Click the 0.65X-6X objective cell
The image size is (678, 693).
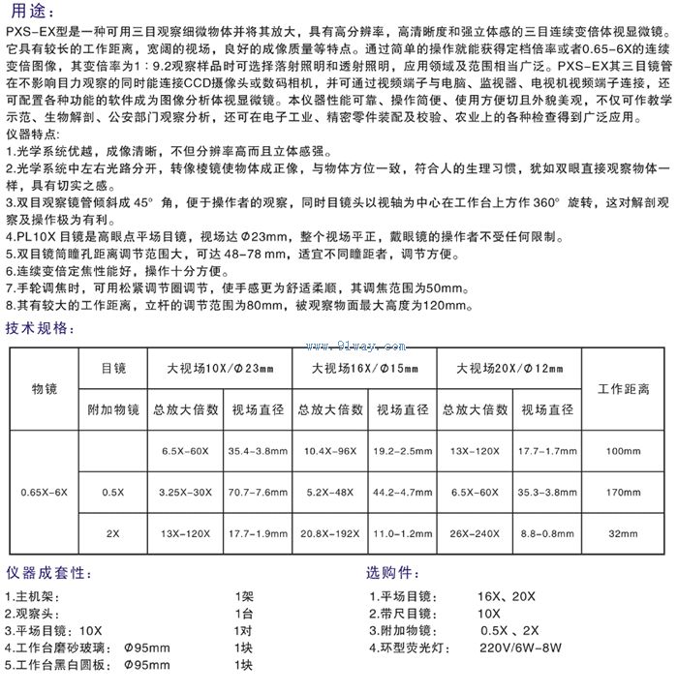pyautogui.click(x=45, y=493)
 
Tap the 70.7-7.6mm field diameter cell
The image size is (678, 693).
pyautogui.click(x=259, y=493)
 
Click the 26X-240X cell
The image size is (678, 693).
pyautogui.click(x=475, y=533)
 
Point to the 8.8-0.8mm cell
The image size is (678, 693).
pyautogui.click(x=548, y=533)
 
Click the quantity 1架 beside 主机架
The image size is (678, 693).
pyautogui.click(x=243, y=597)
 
